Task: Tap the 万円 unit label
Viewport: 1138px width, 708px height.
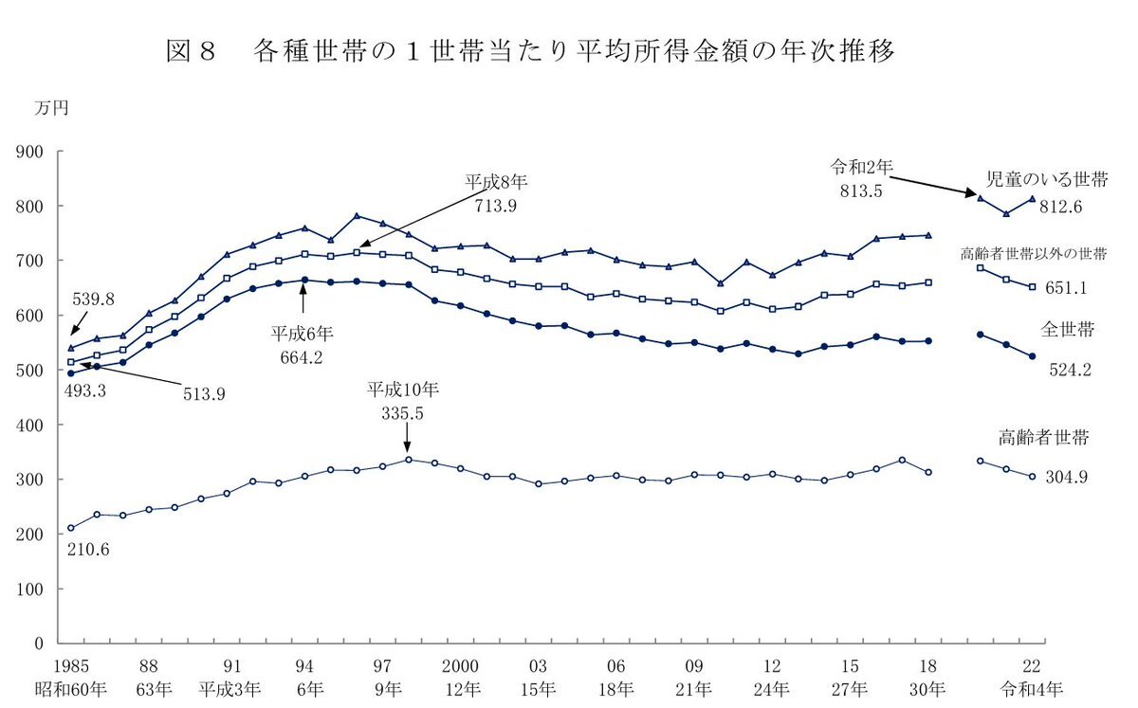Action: point(51,108)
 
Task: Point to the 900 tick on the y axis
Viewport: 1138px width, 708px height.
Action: point(45,152)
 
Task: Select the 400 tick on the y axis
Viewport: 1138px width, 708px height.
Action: point(45,425)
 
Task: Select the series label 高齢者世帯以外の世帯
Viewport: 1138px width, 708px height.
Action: point(1034,254)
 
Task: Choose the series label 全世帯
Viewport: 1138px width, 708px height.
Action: point(1066,330)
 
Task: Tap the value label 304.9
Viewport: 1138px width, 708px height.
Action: point(1067,477)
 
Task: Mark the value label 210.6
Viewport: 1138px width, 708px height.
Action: point(88,549)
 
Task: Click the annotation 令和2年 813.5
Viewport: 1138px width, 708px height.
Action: point(861,178)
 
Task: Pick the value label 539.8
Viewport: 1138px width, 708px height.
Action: point(94,300)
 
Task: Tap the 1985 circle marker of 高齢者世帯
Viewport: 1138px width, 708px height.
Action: point(71,528)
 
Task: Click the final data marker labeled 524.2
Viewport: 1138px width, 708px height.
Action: point(1032,356)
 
